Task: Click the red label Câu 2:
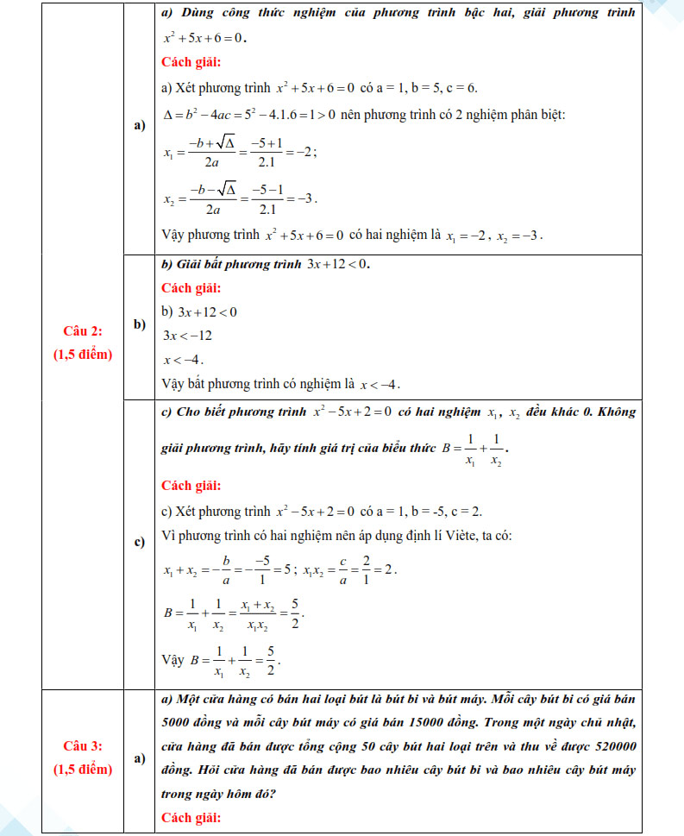83,331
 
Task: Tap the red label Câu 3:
83,745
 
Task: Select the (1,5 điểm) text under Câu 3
83,769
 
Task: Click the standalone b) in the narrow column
140,324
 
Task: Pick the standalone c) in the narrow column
140,543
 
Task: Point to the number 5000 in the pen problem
180,721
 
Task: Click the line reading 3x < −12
188,336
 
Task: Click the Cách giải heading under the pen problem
191,817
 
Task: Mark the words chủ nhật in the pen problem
610,721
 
